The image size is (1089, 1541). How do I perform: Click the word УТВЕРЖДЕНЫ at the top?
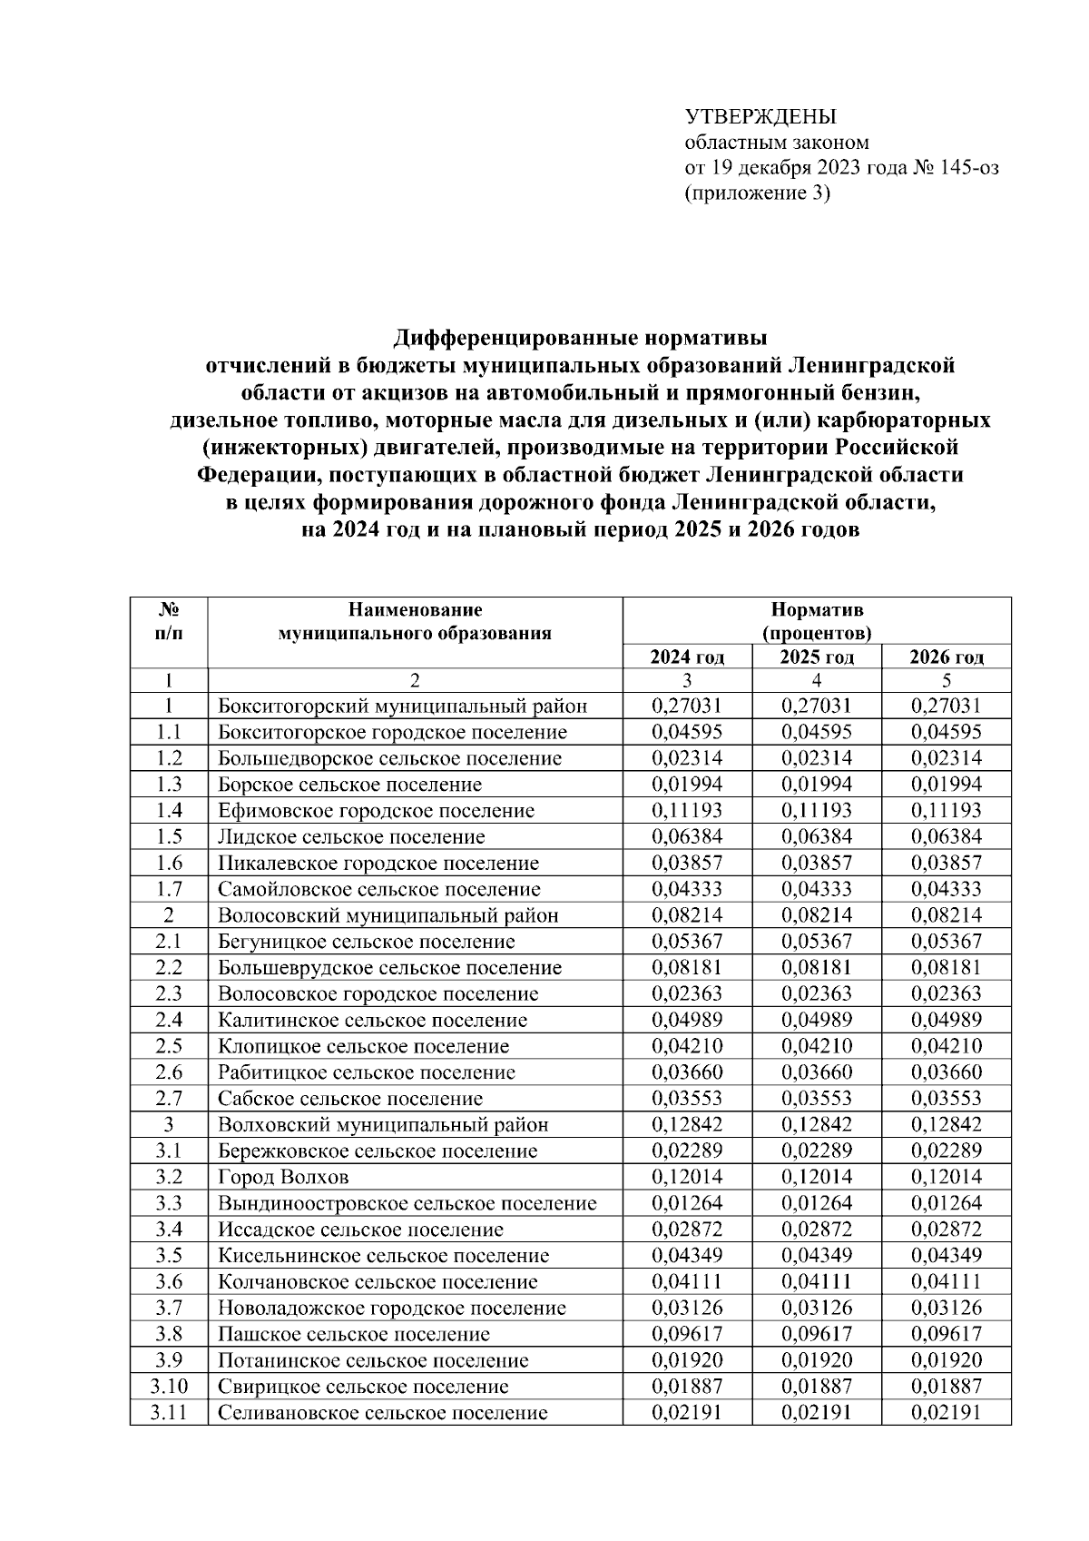point(760,117)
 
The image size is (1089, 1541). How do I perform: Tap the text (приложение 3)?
point(757,193)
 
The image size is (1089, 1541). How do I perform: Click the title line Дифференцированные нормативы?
point(581,339)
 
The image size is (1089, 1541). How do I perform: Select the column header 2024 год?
point(687,657)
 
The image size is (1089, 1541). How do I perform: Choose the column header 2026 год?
point(946,657)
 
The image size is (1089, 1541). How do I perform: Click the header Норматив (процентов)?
point(817,621)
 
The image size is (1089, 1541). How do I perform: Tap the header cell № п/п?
point(169,621)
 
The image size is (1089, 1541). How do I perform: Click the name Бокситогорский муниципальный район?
point(402,706)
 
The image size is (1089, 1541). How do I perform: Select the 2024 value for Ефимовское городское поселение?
point(687,810)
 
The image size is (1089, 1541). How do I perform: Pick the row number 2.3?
point(169,993)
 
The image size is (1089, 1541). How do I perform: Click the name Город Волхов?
point(283,1177)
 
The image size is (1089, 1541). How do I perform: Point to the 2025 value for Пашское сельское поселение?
point(816,1334)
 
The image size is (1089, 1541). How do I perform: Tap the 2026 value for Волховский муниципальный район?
point(946,1124)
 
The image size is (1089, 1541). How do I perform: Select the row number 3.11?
point(169,1412)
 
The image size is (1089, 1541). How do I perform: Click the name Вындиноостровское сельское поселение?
point(407,1203)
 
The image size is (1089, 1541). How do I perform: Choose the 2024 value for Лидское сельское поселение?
point(687,836)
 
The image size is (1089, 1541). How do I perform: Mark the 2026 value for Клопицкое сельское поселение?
point(946,1046)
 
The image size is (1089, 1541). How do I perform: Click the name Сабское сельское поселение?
point(349,1099)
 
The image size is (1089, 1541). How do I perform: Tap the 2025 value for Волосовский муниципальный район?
point(816,915)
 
